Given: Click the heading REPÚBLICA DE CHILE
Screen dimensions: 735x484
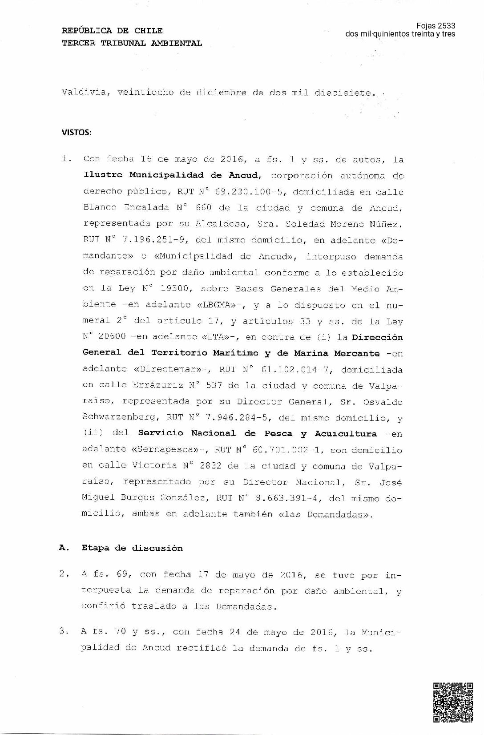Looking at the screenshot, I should [112, 31].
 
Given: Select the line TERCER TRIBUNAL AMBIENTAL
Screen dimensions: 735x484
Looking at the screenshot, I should [132, 43].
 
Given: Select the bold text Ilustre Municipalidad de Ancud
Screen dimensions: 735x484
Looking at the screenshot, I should [171, 175].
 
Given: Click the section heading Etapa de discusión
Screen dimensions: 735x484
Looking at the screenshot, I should [132, 548].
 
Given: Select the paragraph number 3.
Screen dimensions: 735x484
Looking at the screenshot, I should [63, 631].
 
